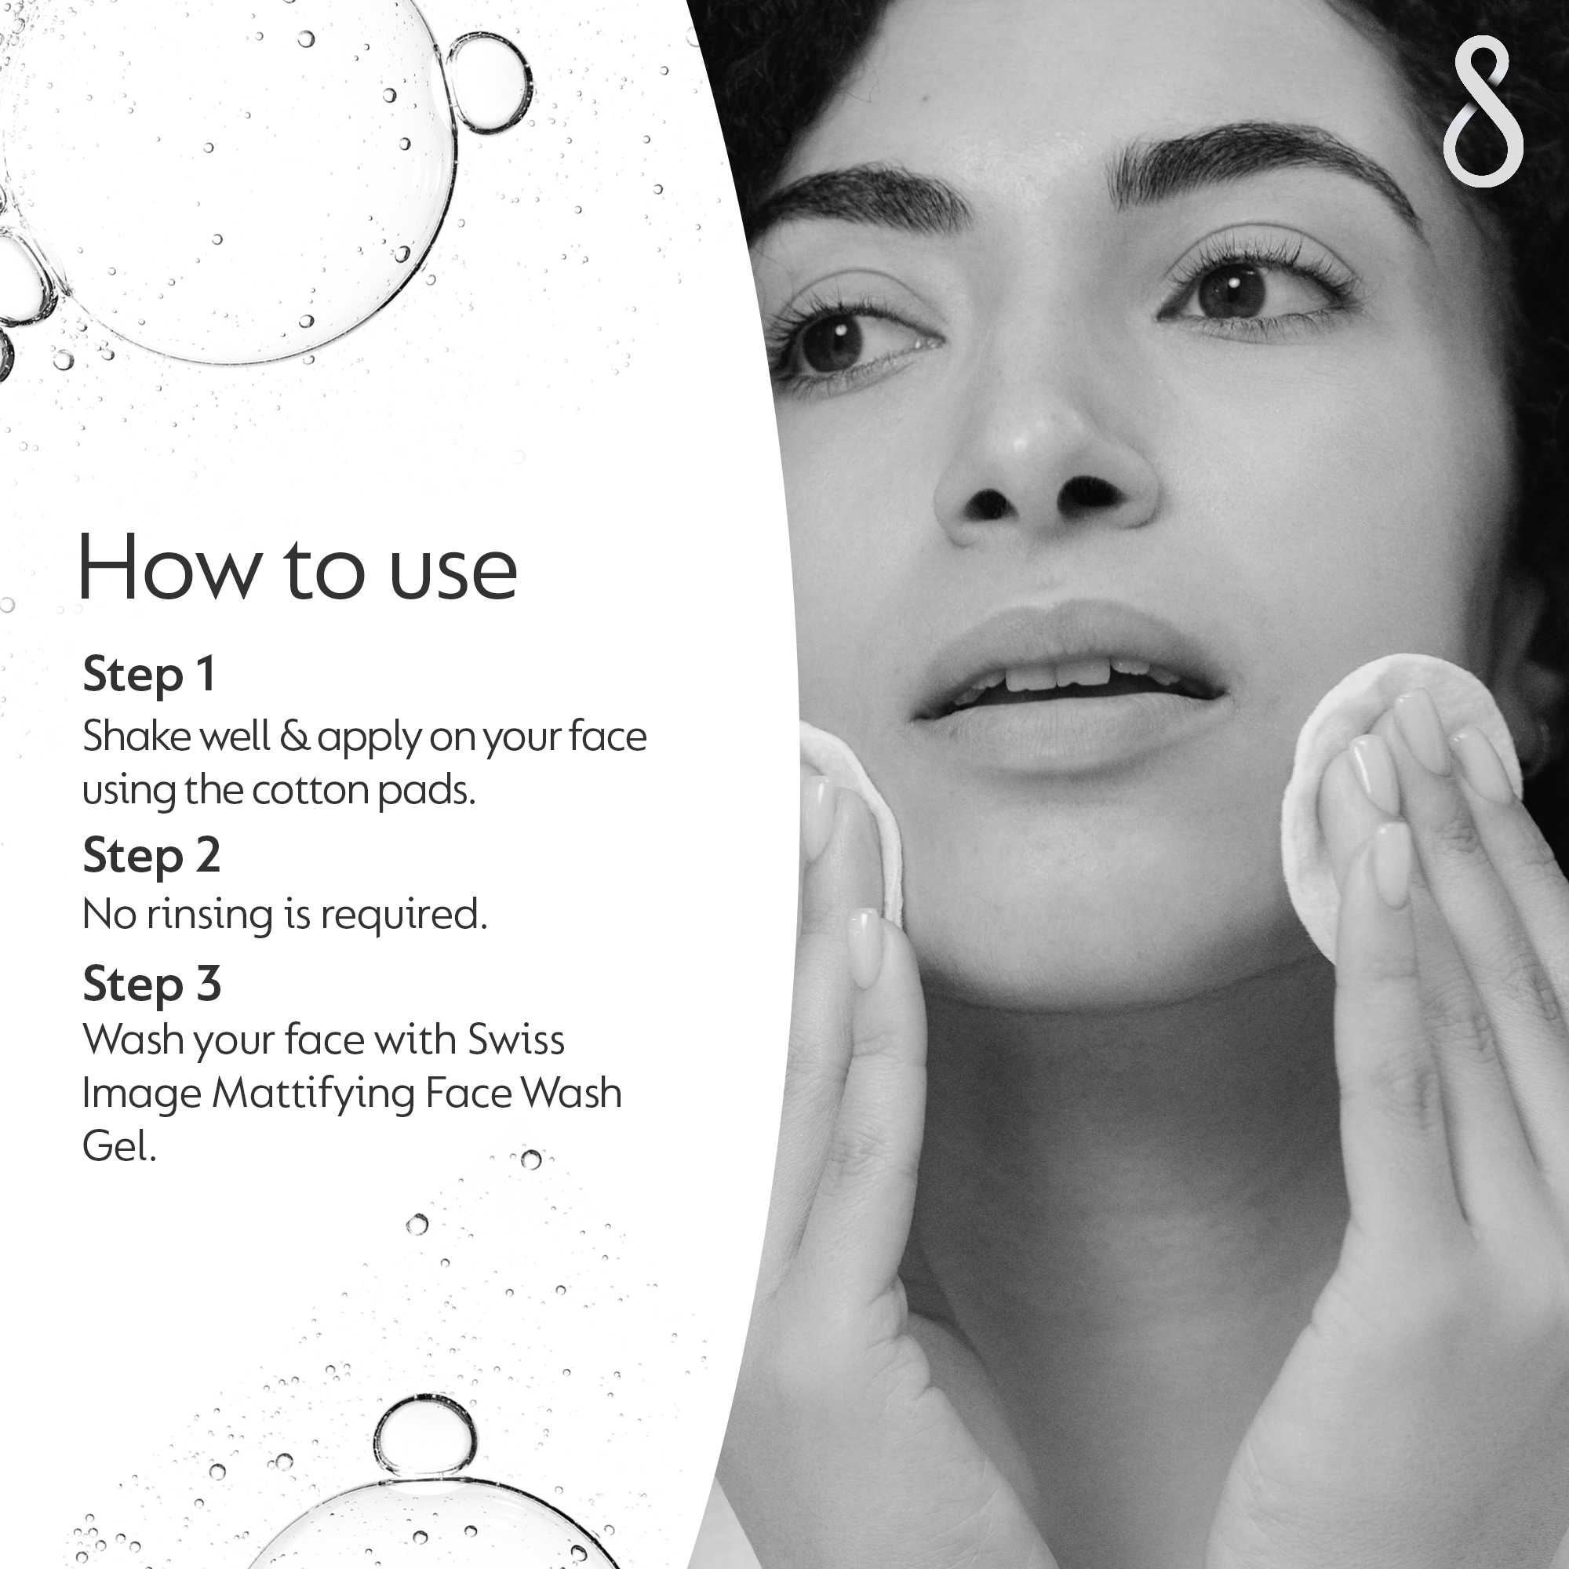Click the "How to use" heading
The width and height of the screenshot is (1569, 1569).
click(297, 568)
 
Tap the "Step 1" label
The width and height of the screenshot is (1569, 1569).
click(149, 675)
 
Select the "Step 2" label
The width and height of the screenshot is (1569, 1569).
click(152, 856)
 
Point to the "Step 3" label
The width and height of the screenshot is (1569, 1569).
click(152, 985)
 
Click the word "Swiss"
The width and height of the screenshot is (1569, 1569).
click(515, 1039)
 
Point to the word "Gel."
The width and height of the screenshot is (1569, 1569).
click(119, 1148)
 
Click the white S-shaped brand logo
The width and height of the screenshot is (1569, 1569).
click(1483, 112)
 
